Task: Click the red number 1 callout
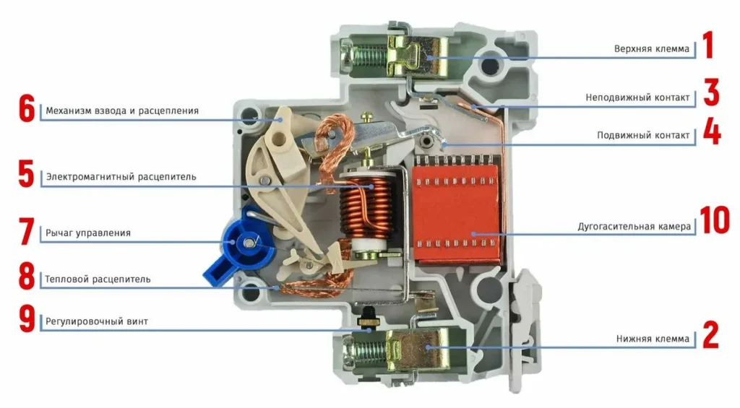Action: coord(708,45)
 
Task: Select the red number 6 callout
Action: coord(26,110)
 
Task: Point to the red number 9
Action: coord(26,321)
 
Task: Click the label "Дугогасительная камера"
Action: coord(634,227)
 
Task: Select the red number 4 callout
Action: coord(712,134)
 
